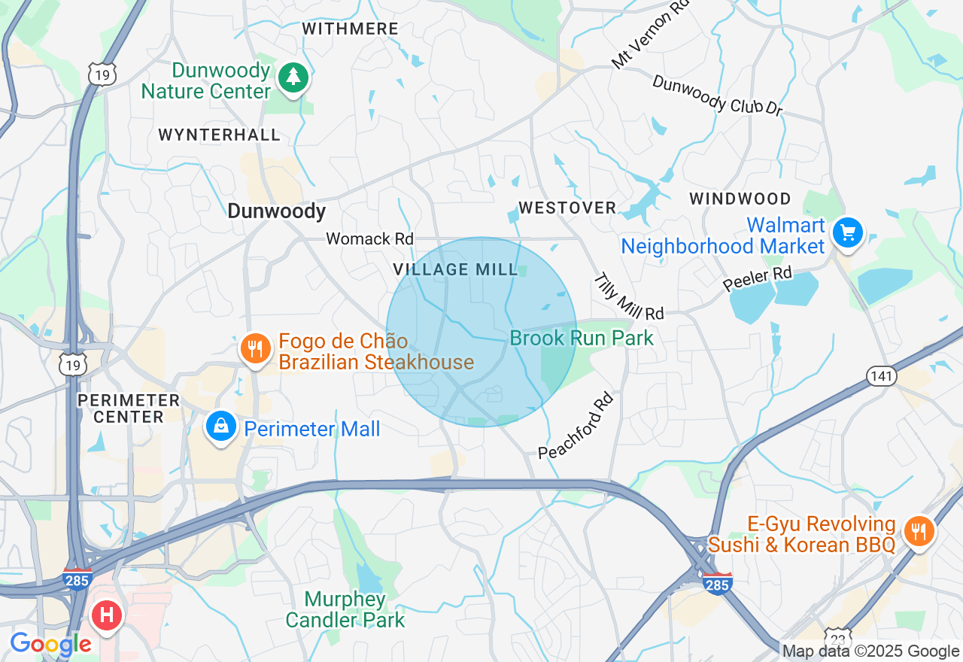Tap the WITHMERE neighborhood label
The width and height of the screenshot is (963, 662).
350,29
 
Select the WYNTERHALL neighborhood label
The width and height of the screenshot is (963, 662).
219,135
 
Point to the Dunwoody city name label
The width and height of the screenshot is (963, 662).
276,211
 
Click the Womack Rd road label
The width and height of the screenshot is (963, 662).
369,238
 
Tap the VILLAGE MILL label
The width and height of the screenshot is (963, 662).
455,269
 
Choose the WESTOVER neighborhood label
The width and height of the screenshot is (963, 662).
567,208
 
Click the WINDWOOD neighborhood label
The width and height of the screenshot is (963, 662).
740,199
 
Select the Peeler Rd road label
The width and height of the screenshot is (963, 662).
758,278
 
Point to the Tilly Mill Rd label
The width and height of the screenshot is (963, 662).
629,297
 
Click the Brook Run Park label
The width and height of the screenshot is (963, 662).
582,338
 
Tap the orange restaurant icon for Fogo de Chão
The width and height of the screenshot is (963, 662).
256,349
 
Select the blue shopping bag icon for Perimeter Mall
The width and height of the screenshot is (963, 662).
221,427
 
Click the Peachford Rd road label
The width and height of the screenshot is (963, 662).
576,425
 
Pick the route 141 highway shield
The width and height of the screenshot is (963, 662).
881,375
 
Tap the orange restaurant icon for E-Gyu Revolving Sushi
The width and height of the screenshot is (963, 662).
918,532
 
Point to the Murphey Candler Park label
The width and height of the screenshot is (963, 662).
345,610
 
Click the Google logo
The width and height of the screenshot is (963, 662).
50,645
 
